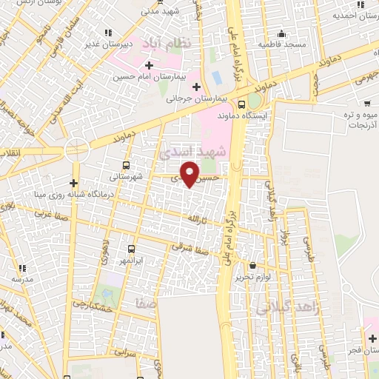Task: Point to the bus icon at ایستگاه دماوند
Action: pos(243,104)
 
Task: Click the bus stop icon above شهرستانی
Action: pos(126,165)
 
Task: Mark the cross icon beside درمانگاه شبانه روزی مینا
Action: pos(73,183)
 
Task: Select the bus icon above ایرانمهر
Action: pos(131,249)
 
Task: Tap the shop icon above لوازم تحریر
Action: pos(252,265)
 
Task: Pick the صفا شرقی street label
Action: pos(191,247)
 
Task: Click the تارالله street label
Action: pos(194,219)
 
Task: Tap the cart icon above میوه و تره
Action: pos(368,104)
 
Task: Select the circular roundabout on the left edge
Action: pos(77,149)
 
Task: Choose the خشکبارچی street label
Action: pos(93,304)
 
